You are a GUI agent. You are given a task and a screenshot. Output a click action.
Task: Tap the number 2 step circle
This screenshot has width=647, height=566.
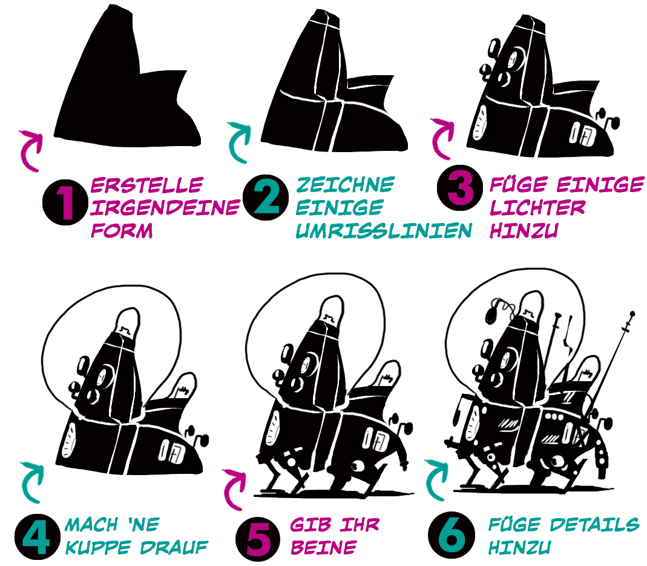tap(266, 198)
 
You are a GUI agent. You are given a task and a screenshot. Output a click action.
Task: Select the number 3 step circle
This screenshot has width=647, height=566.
tap(459, 188)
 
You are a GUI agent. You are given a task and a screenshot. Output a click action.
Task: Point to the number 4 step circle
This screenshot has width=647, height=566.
tap(37, 537)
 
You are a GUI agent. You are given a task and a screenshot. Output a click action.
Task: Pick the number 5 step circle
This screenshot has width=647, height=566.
tap(258, 538)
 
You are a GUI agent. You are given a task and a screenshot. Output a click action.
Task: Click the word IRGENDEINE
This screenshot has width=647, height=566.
tap(165, 207)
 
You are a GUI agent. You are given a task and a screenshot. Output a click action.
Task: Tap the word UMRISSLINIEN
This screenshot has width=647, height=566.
tap(384, 230)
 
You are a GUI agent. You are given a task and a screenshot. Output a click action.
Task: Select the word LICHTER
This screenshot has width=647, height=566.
tap(537, 207)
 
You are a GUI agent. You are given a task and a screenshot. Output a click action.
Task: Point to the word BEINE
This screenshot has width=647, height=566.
tap(323, 547)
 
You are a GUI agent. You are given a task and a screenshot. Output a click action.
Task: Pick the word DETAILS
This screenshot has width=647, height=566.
tap(594, 525)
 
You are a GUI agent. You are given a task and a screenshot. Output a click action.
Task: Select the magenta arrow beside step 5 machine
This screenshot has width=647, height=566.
tap(234, 490)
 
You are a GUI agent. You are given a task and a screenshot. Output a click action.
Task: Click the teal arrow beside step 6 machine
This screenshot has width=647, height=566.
tap(436, 480)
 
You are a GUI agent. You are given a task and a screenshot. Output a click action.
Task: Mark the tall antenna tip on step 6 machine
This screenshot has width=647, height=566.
tap(631, 313)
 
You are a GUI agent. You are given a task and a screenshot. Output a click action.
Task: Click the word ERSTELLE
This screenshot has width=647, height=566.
tap(147, 185)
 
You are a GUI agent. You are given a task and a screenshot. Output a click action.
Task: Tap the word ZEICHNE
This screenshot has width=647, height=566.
tap(346, 185)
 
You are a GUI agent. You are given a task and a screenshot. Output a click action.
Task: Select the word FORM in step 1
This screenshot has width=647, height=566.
tap(122, 230)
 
